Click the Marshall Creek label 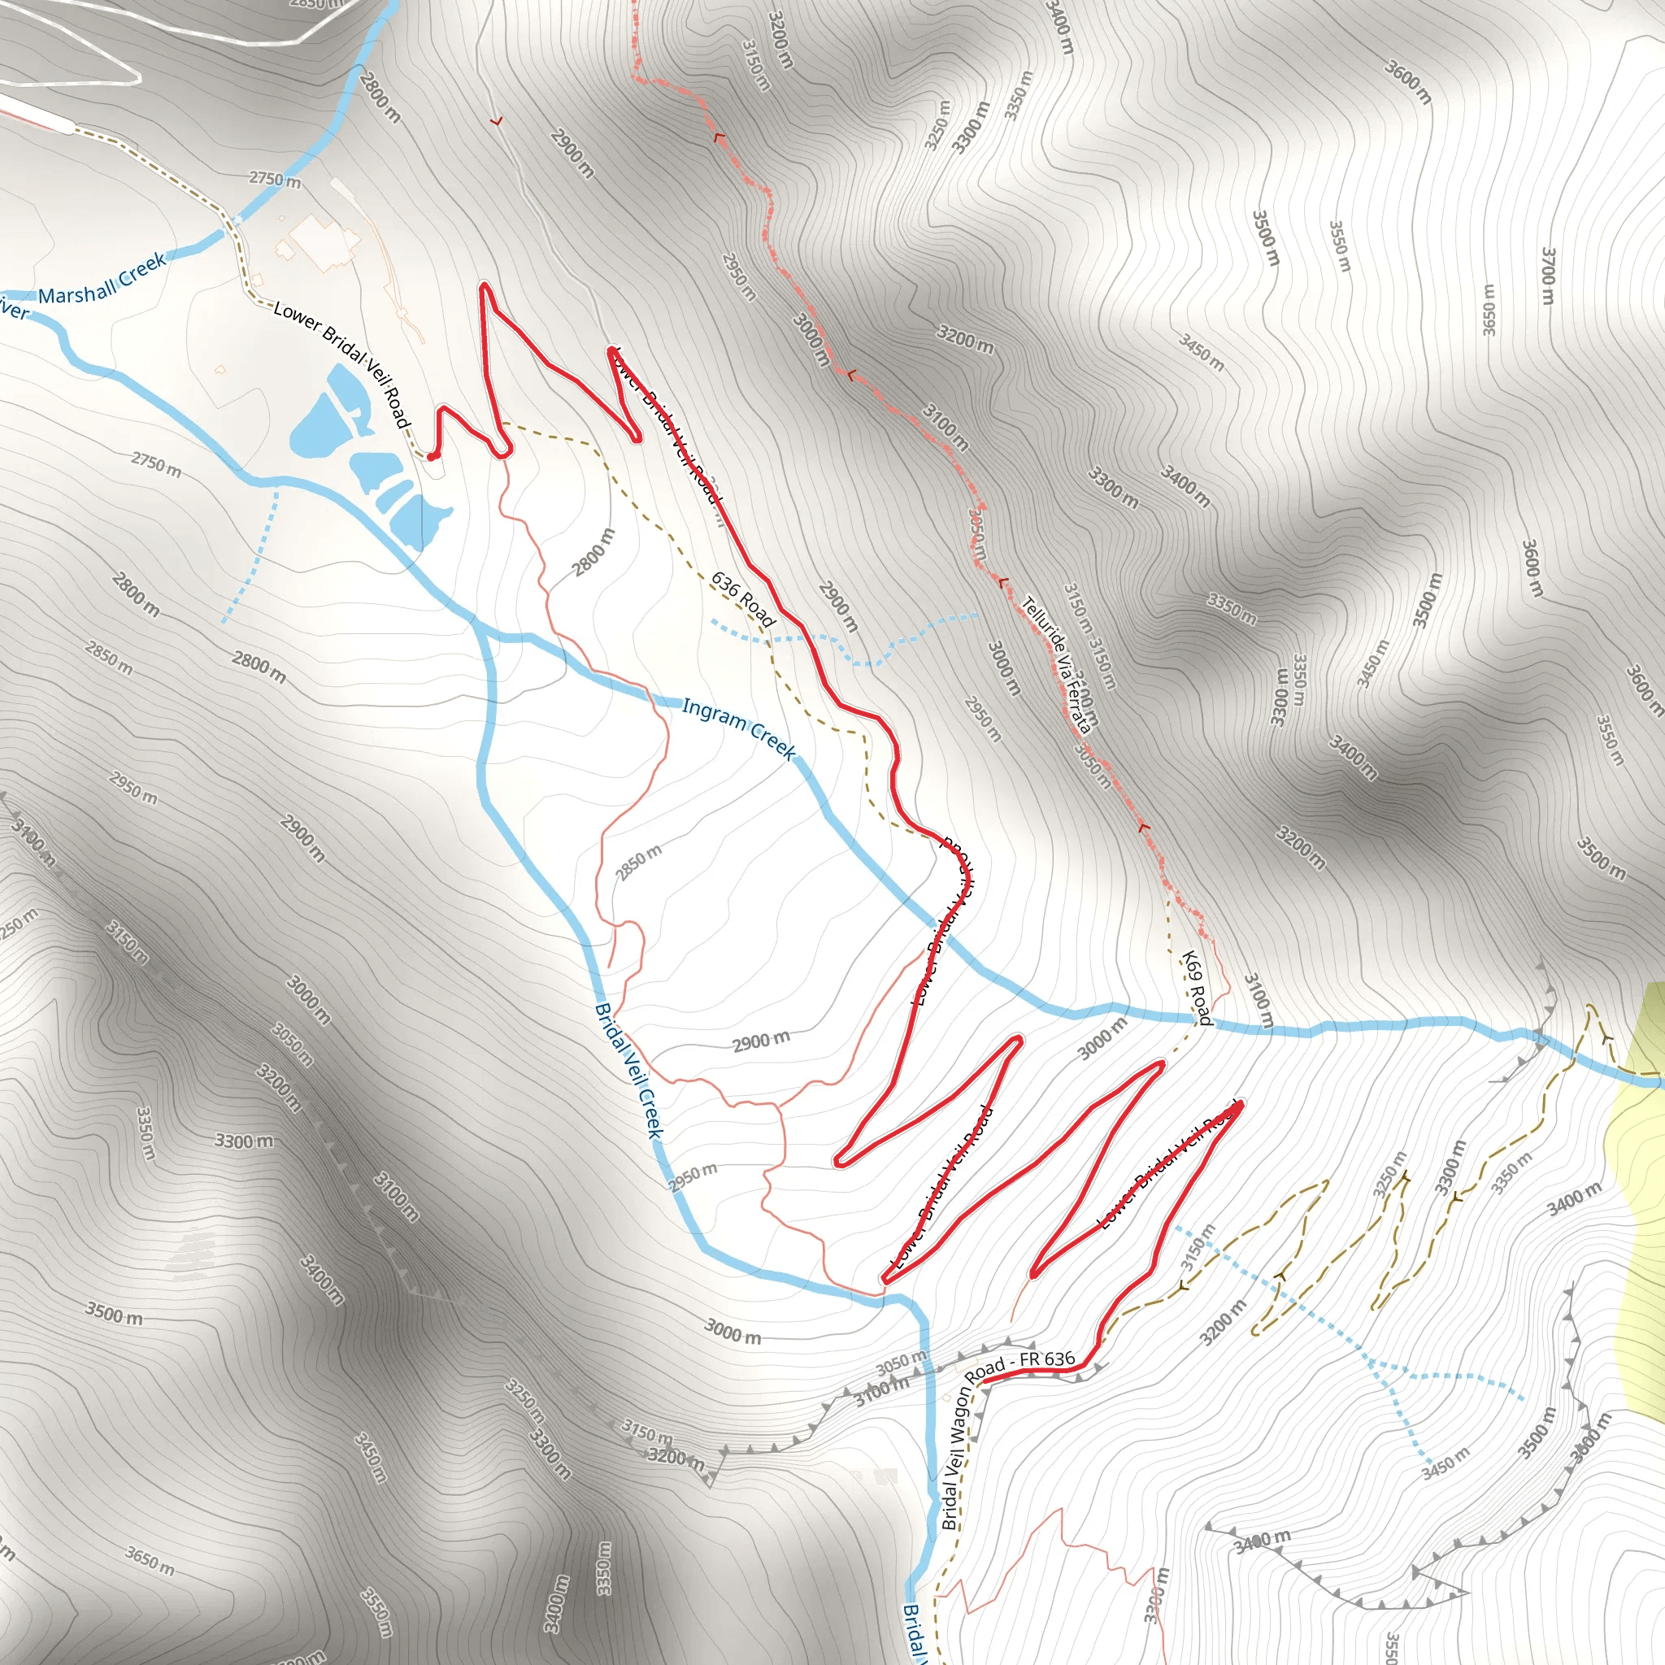click(x=102, y=279)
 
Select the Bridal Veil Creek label click(x=630, y=1071)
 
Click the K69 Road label click(x=1196, y=989)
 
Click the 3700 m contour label click(x=1548, y=275)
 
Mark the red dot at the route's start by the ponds click(x=431, y=457)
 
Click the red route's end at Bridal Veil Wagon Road click(x=985, y=1381)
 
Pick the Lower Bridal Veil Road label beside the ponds click(x=341, y=363)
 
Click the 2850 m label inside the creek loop click(x=638, y=863)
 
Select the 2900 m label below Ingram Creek click(x=761, y=1042)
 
